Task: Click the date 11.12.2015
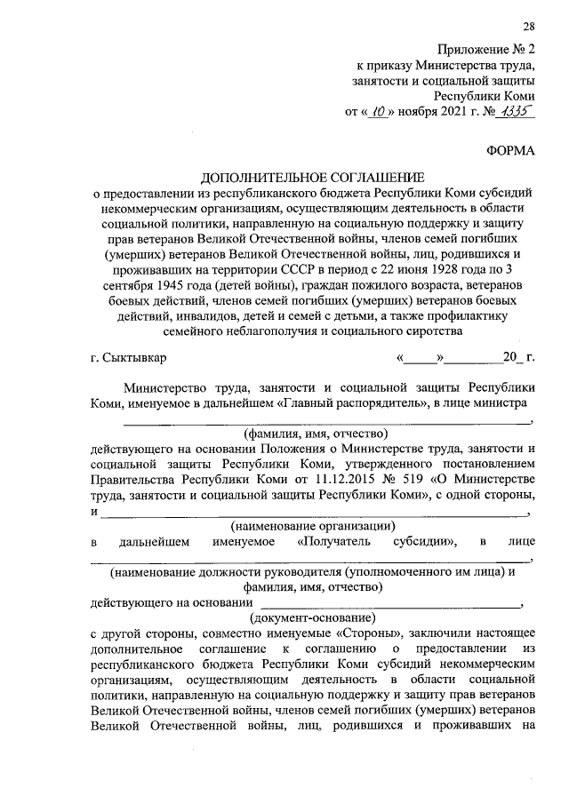tap(331, 480)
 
